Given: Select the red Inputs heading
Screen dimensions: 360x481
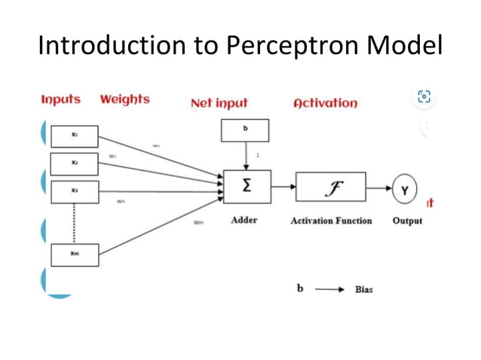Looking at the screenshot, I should point(61,99).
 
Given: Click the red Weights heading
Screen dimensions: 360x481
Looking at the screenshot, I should point(124,99).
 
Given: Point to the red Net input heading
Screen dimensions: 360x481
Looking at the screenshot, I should point(219,103).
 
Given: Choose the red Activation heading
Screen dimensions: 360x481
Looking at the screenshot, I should point(325,103).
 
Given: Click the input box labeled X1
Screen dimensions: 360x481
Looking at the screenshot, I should point(74,136).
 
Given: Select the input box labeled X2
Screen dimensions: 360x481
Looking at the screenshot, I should point(74,163).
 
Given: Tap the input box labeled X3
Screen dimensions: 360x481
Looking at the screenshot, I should point(74,191).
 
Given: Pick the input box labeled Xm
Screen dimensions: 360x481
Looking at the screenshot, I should point(74,255).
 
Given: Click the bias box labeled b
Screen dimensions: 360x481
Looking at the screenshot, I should point(245,131).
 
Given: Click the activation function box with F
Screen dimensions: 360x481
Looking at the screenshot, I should point(330,187).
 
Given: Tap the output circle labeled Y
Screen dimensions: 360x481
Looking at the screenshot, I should point(404,191).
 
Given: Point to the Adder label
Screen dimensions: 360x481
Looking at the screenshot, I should point(244,221).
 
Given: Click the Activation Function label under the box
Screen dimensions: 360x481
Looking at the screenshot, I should point(331,221).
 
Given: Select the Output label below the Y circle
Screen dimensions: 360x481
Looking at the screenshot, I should point(407,221).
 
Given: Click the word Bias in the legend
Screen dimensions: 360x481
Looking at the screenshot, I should point(363,289).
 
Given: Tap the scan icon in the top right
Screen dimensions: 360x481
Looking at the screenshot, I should point(424,97).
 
